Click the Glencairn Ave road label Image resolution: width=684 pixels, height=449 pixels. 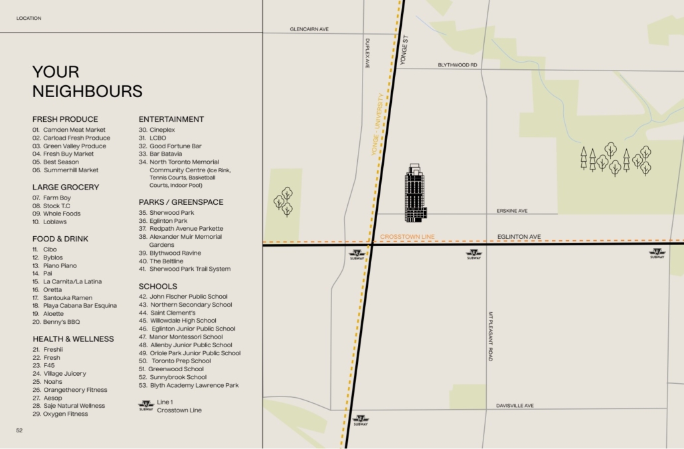[309, 29]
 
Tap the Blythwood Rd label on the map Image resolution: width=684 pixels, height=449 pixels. [457, 65]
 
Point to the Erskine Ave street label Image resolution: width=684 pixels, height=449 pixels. [512, 211]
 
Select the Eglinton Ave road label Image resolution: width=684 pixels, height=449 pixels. [519, 237]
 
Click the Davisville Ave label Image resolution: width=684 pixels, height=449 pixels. [515, 406]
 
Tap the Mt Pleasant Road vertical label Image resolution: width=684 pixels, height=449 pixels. [491, 336]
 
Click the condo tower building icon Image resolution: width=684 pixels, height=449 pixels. [416, 194]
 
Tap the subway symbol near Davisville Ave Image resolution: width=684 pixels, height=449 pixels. [361, 420]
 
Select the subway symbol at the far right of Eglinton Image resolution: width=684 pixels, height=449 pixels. [657, 253]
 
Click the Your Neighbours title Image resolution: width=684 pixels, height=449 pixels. [87, 81]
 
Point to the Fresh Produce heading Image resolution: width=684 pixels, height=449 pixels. [65, 120]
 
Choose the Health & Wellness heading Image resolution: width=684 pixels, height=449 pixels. [73, 339]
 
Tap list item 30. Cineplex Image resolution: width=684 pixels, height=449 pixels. [157, 130]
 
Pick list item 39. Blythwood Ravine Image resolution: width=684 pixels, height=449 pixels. [169, 253]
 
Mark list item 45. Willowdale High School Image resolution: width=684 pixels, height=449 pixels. [177, 321]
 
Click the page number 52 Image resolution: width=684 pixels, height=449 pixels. [20, 430]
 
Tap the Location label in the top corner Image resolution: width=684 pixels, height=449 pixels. [29, 19]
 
